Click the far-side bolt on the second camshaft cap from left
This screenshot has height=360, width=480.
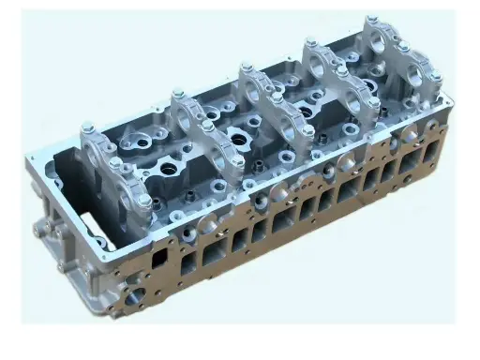[x=175, y=93]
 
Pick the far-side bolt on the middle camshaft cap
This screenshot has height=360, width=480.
[x=247, y=67]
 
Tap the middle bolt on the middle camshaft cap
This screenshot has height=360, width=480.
[x=277, y=97]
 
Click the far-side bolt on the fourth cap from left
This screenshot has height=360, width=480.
[x=310, y=42]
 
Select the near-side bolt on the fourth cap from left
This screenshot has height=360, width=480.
[x=373, y=102]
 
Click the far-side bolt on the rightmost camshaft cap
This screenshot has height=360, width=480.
[x=372, y=20]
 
